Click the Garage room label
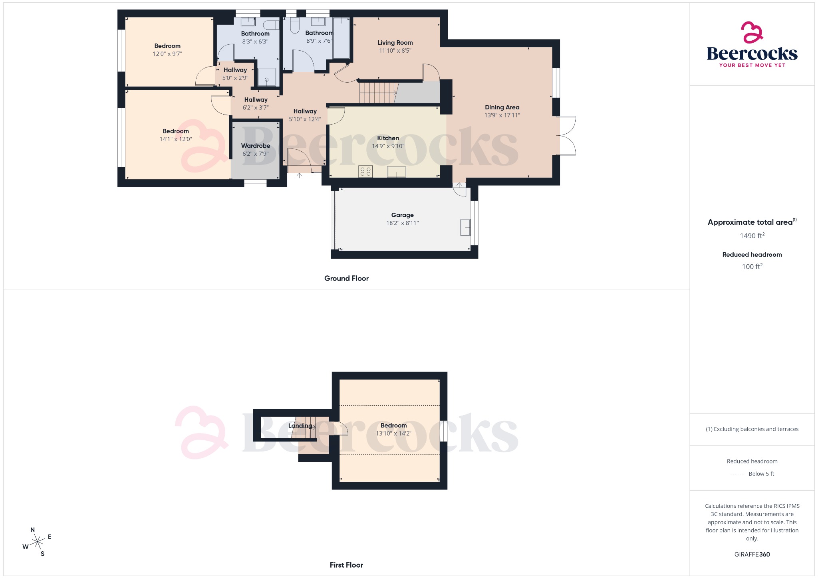[x=402, y=215]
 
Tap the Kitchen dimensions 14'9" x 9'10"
[x=388, y=146]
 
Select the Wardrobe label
[x=256, y=146]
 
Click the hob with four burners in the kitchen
[x=365, y=171]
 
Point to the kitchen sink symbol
[x=396, y=172]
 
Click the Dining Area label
[x=502, y=107]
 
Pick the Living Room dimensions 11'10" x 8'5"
[x=395, y=51]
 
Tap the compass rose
[x=38, y=542]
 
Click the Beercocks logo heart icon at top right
[x=752, y=32]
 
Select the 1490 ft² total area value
[x=752, y=236]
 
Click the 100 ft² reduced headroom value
[x=752, y=267]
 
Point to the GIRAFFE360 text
[x=752, y=554]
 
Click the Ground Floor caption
[x=346, y=279]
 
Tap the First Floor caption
[x=346, y=565]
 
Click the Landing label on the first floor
[x=300, y=426]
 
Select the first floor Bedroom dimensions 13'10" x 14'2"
[x=393, y=433]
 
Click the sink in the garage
[x=465, y=227]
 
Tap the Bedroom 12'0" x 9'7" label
[x=167, y=46]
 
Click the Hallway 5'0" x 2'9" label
[x=235, y=70]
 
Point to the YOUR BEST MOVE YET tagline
[x=752, y=65]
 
